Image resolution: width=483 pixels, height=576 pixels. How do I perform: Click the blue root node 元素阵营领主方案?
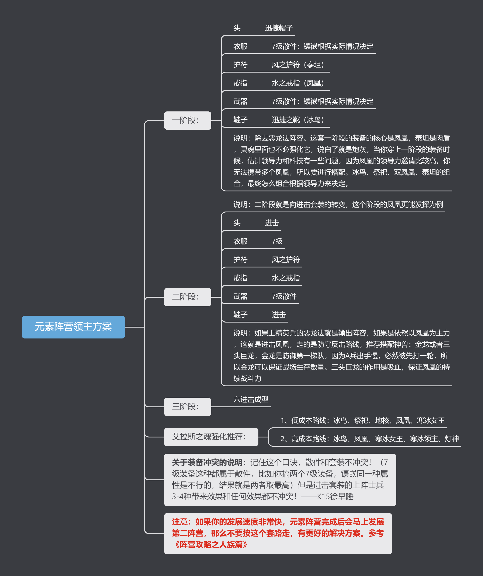click(x=73, y=327)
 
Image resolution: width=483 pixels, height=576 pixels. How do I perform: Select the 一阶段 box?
click(x=187, y=120)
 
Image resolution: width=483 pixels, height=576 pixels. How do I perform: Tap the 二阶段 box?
click(x=187, y=297)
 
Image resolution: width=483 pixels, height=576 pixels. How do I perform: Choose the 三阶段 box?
click(x=187, y=407)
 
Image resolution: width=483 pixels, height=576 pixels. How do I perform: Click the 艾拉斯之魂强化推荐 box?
click(x=211, y=437)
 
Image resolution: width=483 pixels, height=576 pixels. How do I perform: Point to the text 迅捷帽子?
click(x=279, y=28)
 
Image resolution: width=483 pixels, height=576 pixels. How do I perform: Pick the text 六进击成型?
click(x=251, y=400)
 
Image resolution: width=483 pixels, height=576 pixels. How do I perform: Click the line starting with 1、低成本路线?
click(x=363, y=420)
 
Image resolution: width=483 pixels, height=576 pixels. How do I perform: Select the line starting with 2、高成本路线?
click(x=370, y=439)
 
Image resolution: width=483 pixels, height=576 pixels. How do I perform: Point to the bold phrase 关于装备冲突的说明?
click(x=207, y=462)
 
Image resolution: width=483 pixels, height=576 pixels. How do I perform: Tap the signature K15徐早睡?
click(x=335, y=496)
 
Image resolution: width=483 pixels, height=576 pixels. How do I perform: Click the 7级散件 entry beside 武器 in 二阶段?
click(x=284, y=296)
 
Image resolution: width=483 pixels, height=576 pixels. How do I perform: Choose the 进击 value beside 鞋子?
click(x=279, y=315)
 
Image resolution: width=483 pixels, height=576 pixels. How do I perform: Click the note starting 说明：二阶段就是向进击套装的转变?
click(x=338, y=205)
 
